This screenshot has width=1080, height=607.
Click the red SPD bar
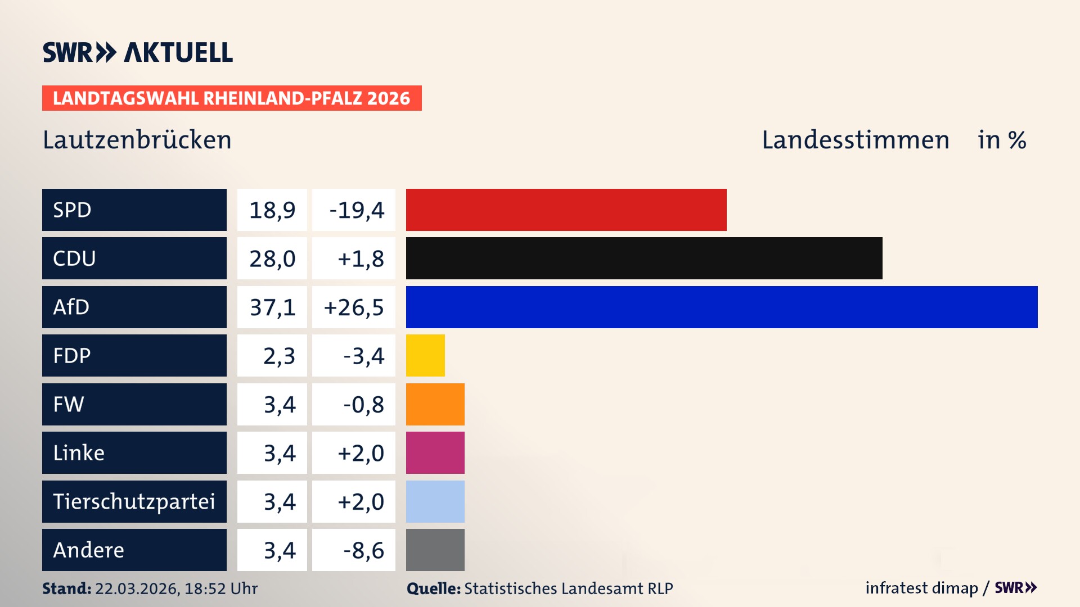566,210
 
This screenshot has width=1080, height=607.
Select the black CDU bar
644,258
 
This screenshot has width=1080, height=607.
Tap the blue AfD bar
722,307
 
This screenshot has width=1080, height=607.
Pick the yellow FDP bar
425,355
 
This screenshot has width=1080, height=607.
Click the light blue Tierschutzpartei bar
435,501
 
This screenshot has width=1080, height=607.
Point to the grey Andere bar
435,550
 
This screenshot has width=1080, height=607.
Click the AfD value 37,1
272,307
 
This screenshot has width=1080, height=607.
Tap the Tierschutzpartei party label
134,501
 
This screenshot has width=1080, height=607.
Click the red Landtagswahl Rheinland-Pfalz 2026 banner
232,98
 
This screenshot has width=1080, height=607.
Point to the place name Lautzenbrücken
137,140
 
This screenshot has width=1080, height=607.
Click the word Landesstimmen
855,140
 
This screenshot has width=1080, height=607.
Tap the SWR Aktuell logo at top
138,52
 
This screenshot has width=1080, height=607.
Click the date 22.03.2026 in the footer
137,588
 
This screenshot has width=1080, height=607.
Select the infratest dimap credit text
921,588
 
